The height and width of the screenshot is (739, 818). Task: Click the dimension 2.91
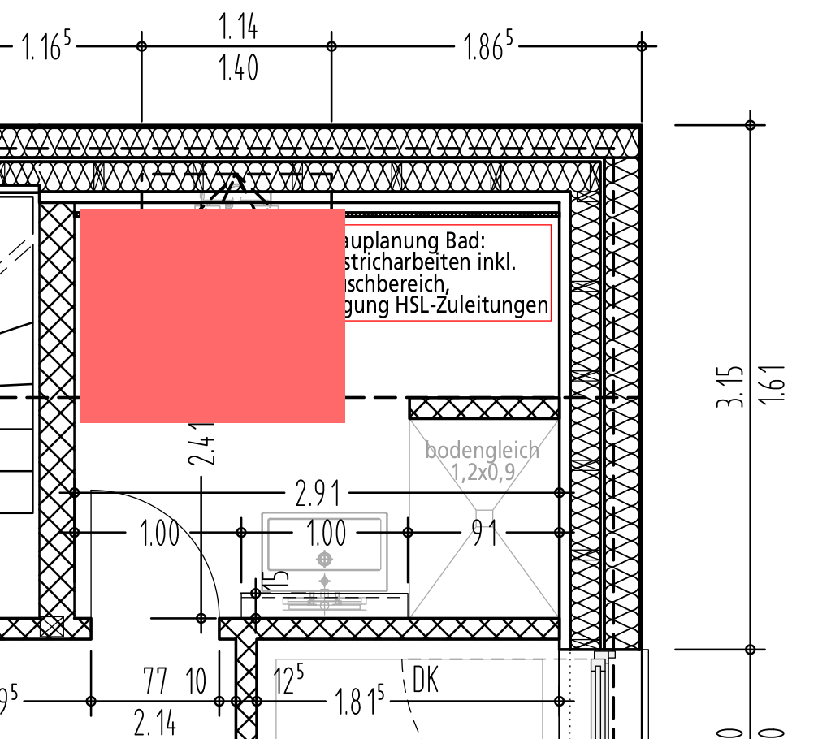coord(318,493)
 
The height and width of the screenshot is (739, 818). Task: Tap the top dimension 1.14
coord(238,28)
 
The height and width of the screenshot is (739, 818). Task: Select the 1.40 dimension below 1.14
coord(238,69)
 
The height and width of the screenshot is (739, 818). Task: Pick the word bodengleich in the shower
coord(482,450)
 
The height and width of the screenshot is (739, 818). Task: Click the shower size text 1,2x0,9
coord(483,471)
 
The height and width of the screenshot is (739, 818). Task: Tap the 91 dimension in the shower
coord(486,533)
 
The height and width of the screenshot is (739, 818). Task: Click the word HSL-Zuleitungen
coord(471,307)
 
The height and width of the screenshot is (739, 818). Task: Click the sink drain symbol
coord(326,559)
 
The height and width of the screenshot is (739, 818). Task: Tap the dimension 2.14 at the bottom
coord(154,722)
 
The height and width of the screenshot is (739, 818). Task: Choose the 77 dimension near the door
coord(157,681)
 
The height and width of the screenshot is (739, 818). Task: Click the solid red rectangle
coord(213,316)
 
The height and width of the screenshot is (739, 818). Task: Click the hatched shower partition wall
coord(484,408)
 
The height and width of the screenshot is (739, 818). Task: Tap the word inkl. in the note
coord(498,263)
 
